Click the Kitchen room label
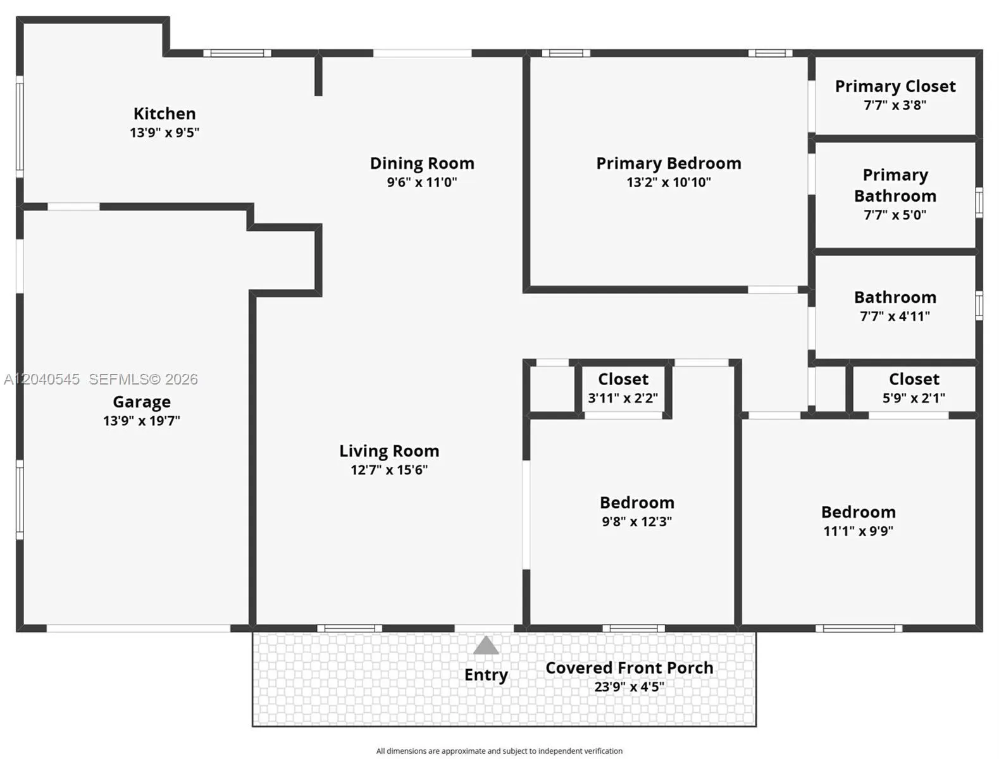(x=164, y=113)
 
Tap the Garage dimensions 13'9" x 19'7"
(x=142, y=421)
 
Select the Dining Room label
(x=422, y=163)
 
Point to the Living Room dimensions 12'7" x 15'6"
(x=389, y=469)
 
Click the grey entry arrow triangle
(x=486, y=646)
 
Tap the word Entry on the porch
(x=486, y=675)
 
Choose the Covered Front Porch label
(x=630, y=667)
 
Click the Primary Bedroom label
(x=669, y=163)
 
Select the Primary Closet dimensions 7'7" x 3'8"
(x=895, y=105)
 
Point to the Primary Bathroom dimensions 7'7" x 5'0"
(x=895, y=215)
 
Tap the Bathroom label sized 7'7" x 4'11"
(x=895, y=298)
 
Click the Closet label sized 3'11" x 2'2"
(x=623, y=379)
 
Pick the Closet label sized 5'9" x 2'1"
(x=914, y=379)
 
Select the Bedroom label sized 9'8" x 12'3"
(x=636, y=503)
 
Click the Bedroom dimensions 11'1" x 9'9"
(x=858, y=531)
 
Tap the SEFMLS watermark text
(x=144, y=379)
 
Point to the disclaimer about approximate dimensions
(x=499, y=751)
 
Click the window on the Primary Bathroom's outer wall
(x=979, y=202)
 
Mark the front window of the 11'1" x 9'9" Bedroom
(x=859, y=629)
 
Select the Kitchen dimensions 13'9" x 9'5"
(x=164, y=132)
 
